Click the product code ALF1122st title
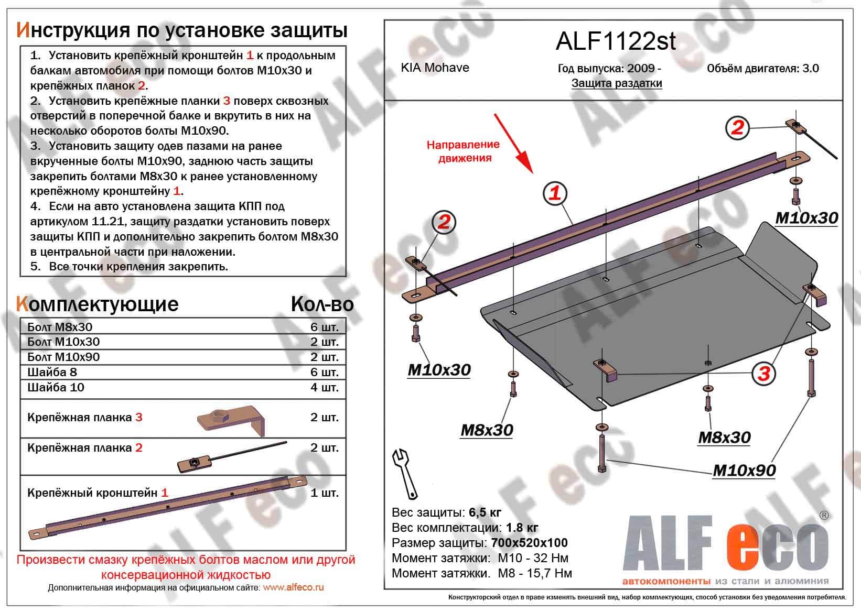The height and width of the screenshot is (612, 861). (616, 41)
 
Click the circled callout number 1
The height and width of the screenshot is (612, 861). (555, 193)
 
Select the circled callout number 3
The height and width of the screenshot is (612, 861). (763, 374)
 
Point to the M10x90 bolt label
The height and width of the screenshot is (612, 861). (744, 471)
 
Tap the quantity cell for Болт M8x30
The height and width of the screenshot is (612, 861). (324, 327)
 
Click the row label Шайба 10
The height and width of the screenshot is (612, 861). (56, 387)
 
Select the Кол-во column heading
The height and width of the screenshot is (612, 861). (322, 304)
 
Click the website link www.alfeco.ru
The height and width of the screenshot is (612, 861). (293, 587)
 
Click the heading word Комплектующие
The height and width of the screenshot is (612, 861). (98, 304)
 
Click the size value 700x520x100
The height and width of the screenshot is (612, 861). (529, 543)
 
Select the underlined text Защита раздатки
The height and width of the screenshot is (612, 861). (617, 83)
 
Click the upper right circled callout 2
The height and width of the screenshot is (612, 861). (738, 127)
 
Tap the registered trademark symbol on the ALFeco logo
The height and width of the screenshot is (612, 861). (824, 516)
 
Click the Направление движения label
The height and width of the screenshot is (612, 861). (463, 151)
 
